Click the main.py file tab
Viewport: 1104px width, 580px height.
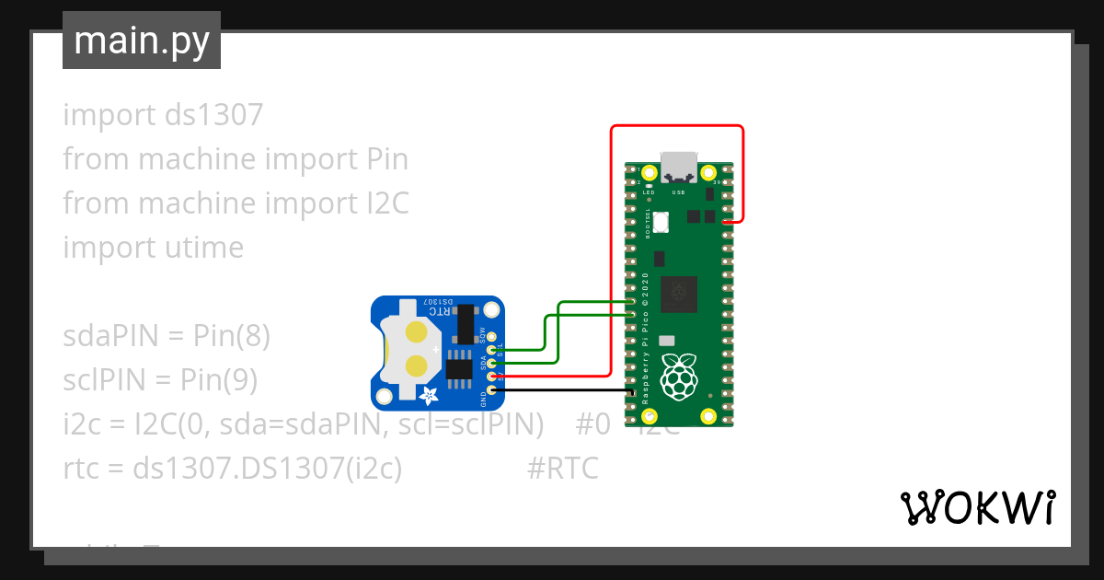(x=142, y=41)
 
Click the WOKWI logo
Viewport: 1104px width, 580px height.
(x=977, y=507)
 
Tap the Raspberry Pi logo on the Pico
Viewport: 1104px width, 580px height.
(x=679, y=376)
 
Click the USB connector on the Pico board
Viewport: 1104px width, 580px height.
(x=679, y=166)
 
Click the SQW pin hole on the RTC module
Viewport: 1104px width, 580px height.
(x=492, y=337)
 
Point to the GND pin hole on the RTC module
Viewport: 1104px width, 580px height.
(x=492, y=390)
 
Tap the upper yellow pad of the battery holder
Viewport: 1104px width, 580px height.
(x=416, y=332)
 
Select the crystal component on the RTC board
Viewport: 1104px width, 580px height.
(x=466, y=322)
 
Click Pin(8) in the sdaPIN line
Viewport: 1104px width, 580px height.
(x=232, y=336)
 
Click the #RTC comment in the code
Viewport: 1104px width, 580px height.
(x=562, y=469)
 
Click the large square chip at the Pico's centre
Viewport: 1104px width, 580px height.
(x=679, y=294)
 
